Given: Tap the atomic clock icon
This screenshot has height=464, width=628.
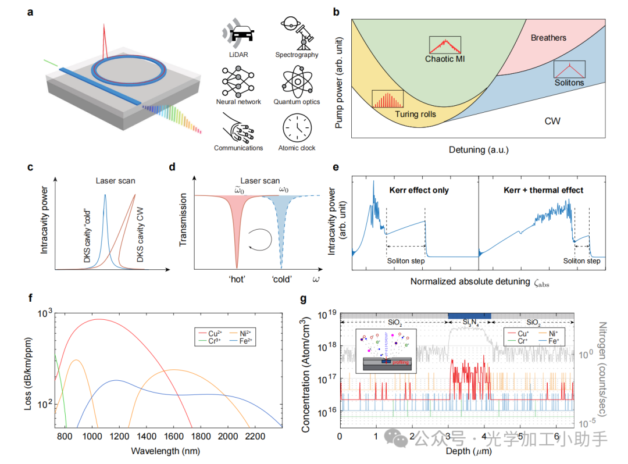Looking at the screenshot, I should [x=297, y=127].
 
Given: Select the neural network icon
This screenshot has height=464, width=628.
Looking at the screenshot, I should [x=237, y=81].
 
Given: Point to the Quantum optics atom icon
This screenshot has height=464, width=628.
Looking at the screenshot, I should [x=297, y=81].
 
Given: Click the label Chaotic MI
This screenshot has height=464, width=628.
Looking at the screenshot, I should [x=445, y=59].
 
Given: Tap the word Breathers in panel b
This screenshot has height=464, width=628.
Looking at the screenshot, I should [x=548, y=38].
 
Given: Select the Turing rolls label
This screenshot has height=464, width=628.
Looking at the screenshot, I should [x=415, y=114].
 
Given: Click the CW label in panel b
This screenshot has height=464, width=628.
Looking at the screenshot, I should [x=552, y=121].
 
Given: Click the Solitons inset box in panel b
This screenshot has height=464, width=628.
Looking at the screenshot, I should [x=569, y=69].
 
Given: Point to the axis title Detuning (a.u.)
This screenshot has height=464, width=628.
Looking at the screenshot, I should [x=479, y=150].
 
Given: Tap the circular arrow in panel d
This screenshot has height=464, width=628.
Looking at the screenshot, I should [x=260, y=238].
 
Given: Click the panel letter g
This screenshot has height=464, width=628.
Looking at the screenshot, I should [x=303, y=299].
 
